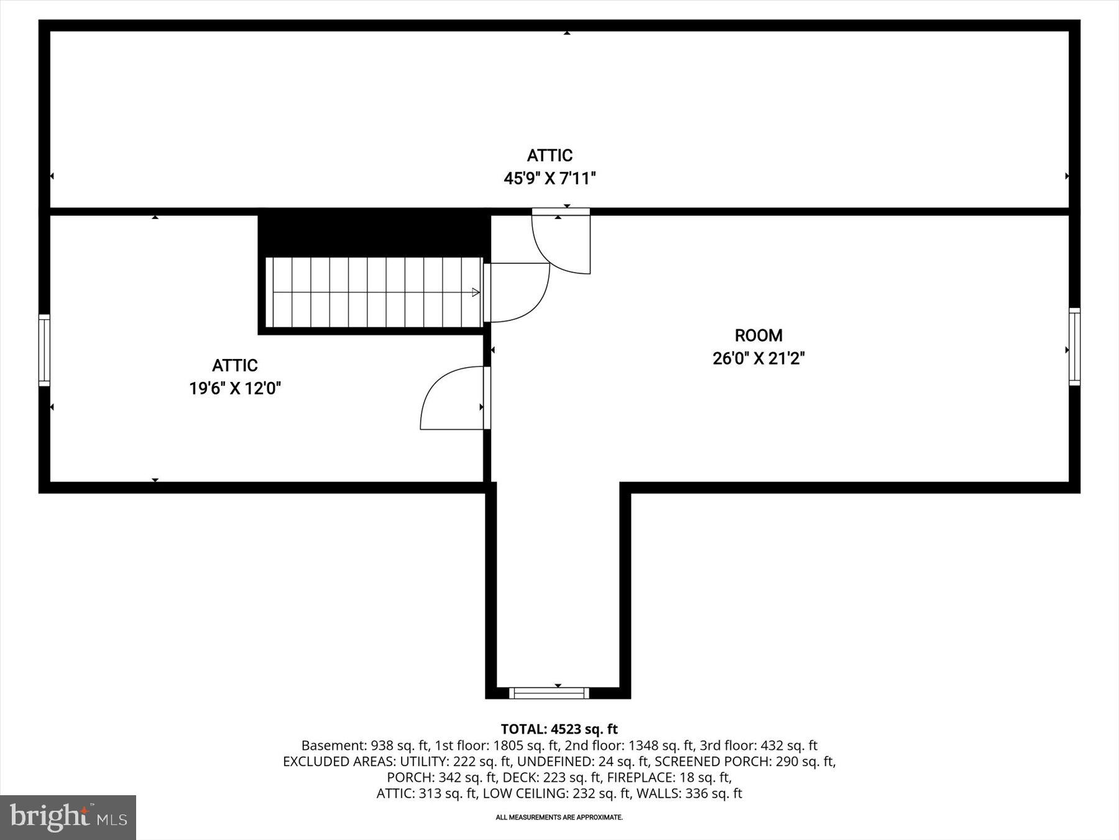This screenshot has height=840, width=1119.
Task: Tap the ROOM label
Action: [758, 336]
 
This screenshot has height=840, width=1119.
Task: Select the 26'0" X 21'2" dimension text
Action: [758, 359]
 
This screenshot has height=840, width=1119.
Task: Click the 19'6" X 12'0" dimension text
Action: [235, 389]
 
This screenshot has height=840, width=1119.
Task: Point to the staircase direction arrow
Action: [475, 292]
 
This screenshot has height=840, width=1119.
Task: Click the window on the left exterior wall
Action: [44, 350]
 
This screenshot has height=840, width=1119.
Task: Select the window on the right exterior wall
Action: [1074, 347]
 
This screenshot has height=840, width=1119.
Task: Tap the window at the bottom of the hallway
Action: [548, 693]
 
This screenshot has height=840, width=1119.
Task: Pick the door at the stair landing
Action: [516, 292]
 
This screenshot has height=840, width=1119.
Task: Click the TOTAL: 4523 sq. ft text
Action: [559, 729]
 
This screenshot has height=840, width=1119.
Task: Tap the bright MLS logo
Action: [68, 817]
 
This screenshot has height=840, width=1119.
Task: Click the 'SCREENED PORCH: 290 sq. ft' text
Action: [744, 762]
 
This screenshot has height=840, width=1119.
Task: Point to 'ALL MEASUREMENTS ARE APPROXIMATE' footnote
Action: [559, 818]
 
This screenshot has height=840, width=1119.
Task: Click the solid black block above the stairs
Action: [373, 234]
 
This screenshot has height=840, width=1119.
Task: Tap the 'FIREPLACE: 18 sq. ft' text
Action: [669, 778]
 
